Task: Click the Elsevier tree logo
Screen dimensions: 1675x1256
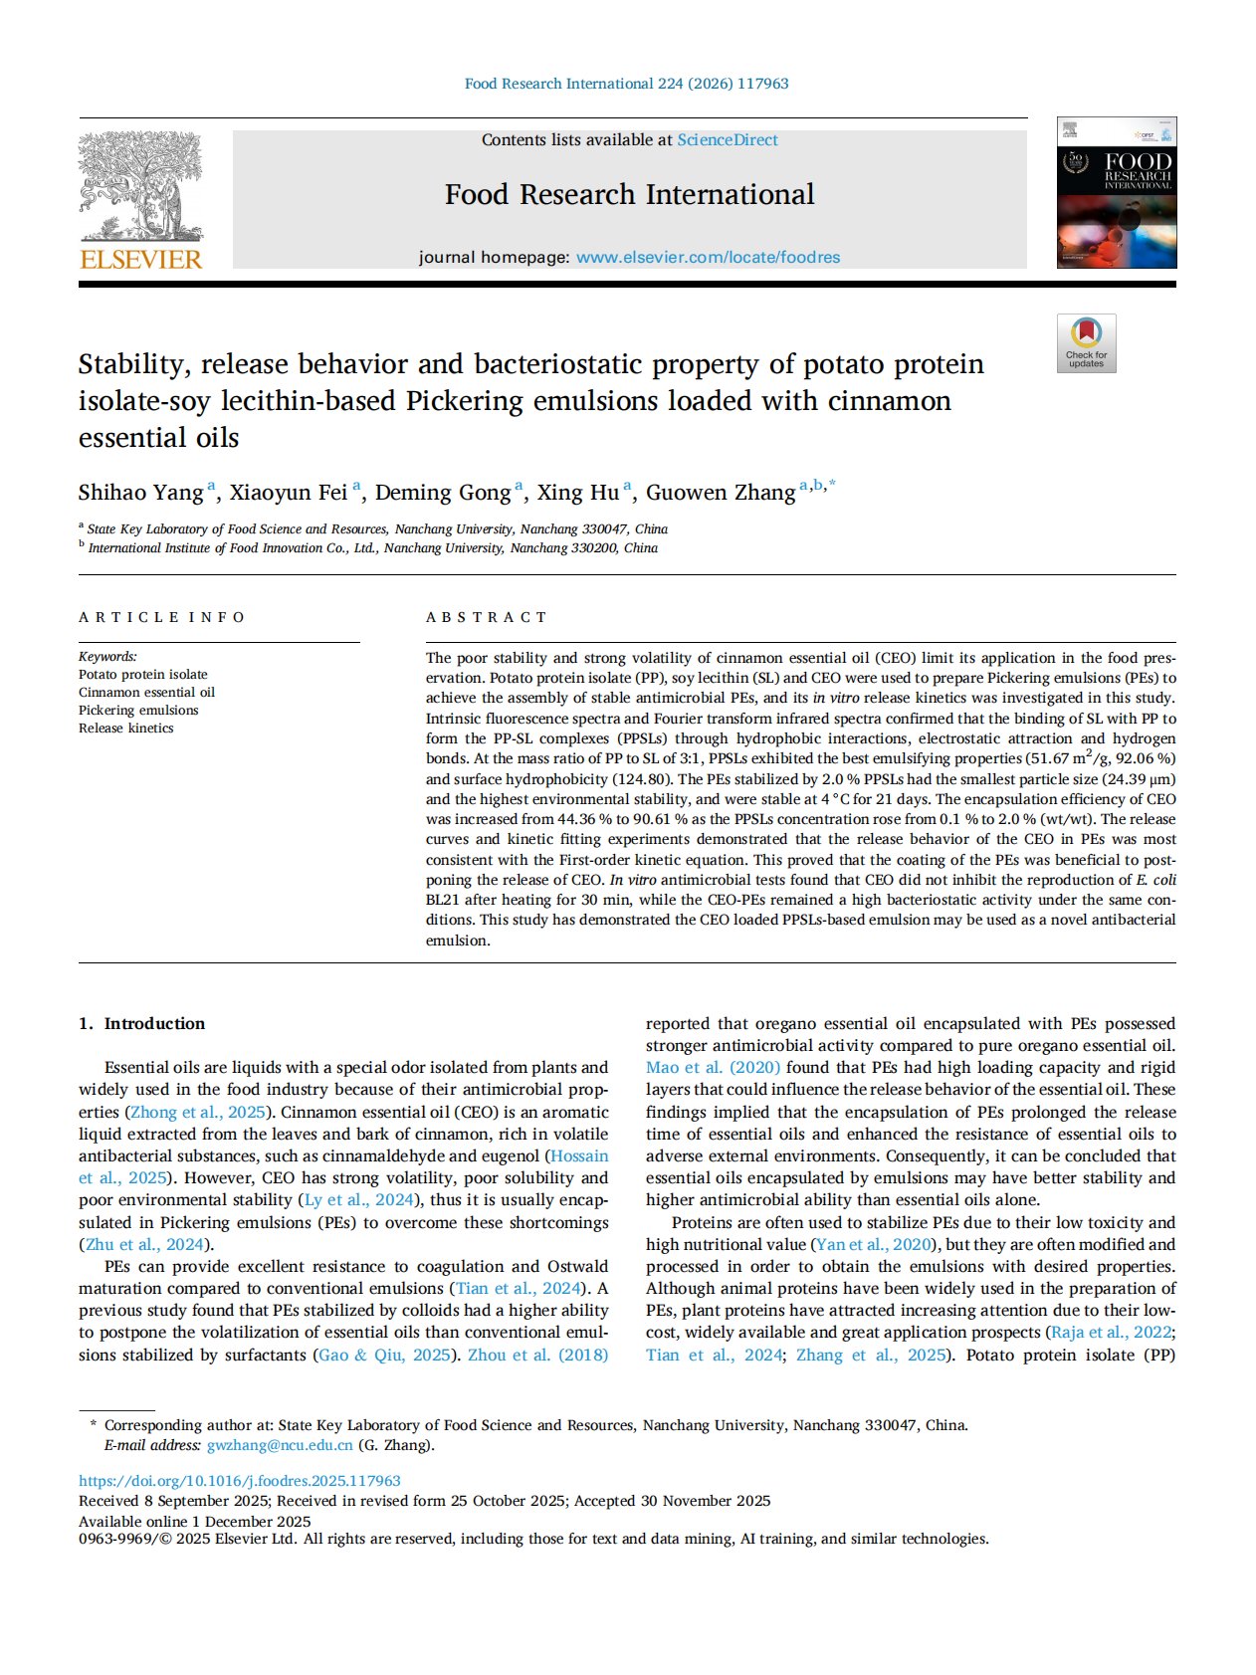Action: click(140, 186)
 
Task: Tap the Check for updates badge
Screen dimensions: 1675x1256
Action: click(1086, 343)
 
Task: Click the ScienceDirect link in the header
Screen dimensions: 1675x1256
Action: click(728, 140)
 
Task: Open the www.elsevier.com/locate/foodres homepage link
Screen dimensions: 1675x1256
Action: click(708, 258)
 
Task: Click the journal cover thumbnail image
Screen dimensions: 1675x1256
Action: click(1116, 193)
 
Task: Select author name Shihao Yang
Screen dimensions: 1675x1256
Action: click(140, 493)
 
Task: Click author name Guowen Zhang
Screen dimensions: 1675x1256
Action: click(721, 493)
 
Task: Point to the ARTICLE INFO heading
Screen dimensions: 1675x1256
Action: click(161, 617)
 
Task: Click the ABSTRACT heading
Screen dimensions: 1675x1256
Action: click(486, 617)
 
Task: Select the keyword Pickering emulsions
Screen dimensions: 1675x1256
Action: click(138, 711)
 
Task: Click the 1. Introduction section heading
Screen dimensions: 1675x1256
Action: click(141, 1023)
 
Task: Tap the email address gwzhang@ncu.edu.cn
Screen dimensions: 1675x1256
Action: click(280, 1445)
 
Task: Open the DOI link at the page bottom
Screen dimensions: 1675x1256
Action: click(240, 1481)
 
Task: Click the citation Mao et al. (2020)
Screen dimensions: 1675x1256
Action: click(713, 1068)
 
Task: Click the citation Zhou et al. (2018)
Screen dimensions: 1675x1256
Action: click(537, 1355)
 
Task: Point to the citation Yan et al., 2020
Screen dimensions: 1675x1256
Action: click(873, 1244)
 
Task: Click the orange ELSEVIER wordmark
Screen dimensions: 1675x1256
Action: click(140, 259)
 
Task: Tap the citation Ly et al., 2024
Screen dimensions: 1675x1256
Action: click(358, 1200)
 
